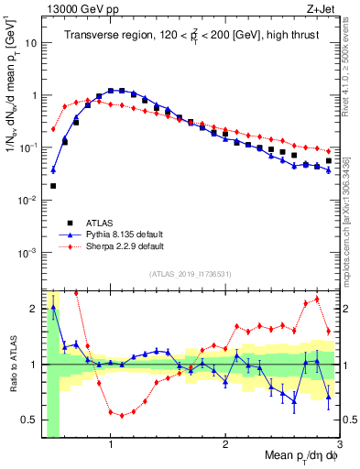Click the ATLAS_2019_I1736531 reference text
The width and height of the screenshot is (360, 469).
(191, 273)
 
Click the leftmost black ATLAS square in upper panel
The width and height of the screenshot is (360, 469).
(53, 186)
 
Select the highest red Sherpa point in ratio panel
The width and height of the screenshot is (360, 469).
(317, 299)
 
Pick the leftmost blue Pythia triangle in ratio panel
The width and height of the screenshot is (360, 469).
(53, 308)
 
